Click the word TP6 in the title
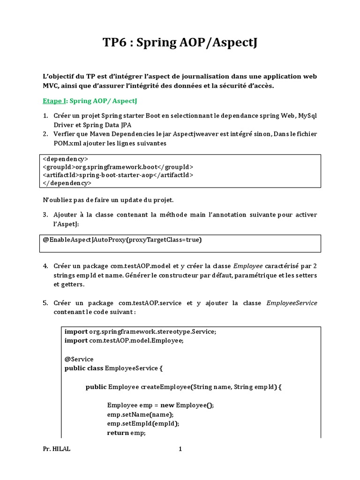[115, 43]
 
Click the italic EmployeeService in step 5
[292, 303]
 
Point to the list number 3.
[45, 215]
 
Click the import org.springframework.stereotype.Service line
[141, 331]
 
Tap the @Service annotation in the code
[79, 359]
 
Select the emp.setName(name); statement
[140, 414]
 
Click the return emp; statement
[126, 433]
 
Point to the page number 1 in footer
[180, 449]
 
